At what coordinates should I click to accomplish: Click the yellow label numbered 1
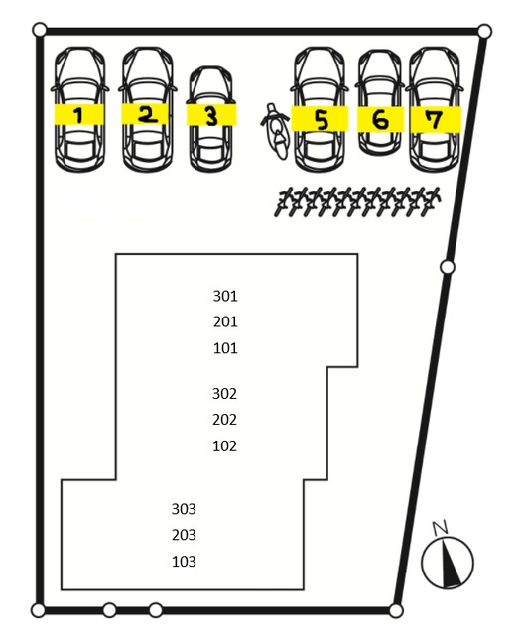click(79, 114)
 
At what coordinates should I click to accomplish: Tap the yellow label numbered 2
click(145, 114)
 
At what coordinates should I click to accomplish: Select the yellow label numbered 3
click(211, 115)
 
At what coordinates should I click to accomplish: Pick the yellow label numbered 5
click(321, 119)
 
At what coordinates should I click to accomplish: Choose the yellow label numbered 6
click(380, 119)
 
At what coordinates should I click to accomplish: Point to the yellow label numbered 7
click(436, 119)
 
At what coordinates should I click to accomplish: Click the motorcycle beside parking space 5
click(276, 131)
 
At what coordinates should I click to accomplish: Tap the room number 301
click(225, 296)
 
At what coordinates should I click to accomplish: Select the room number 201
click(225, 321)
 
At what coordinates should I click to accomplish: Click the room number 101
click(225, 348)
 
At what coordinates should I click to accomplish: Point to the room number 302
click(224, 394)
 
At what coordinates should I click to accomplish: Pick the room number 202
click(224, 420)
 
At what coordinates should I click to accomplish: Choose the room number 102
click(224, 446)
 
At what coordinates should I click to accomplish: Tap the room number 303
click(184, 509)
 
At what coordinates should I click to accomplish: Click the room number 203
click(184, 535)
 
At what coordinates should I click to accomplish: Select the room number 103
click(184, 562)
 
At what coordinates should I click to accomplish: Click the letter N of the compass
click(440, 527)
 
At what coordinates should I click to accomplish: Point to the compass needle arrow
click(451, 563)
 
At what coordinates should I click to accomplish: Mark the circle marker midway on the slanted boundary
click(448, 267)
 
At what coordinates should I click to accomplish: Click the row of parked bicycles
click(357, 201)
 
